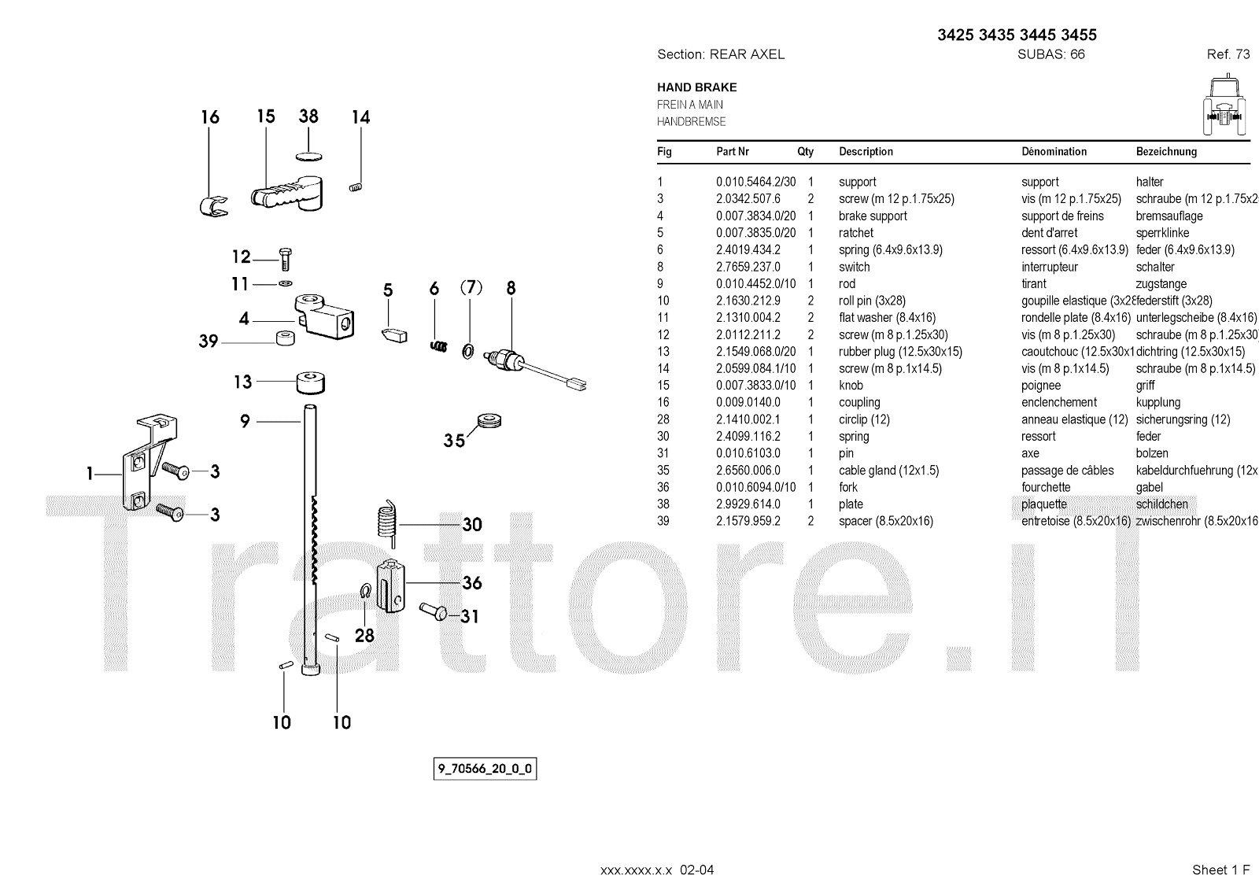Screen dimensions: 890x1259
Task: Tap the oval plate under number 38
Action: coord(309,153)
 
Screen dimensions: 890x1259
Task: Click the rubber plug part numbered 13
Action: coord(310,383)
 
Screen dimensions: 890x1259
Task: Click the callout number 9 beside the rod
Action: coord(245,422)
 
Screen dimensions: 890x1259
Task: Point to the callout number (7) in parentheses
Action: coord(471,288)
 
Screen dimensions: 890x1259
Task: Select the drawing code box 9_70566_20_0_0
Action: coord(485,768)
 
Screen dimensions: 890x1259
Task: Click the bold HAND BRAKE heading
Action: coord(696,87)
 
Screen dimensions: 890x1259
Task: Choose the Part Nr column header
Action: coord(733,152)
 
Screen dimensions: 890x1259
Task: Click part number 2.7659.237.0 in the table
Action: coord(748,267)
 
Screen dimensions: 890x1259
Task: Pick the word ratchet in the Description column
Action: coord(855,233)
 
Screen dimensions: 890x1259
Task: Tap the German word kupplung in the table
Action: coord(1158,402)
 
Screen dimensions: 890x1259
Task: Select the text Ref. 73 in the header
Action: coord(1228,54)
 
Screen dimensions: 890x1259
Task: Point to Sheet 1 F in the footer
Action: coord(1220,870)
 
